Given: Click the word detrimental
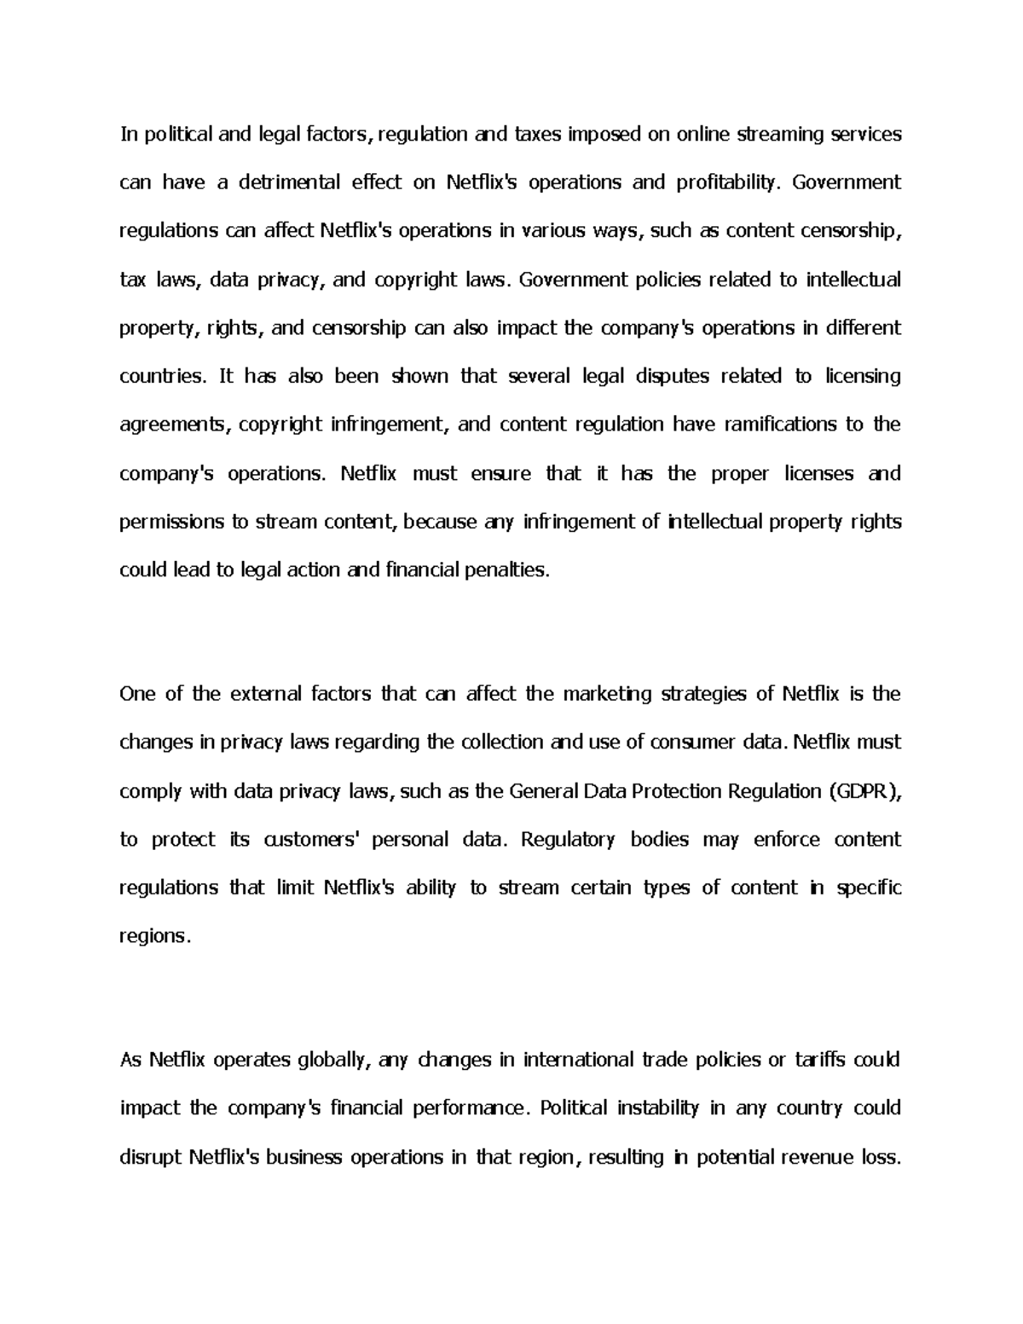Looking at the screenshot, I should [x=289, y=182].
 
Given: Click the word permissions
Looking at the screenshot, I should [x=170, y=522].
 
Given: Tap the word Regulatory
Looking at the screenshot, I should [x=568, y=840].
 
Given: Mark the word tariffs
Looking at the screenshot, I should [x=824, y=1060].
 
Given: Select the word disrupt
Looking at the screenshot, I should [x=151, y=1157].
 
